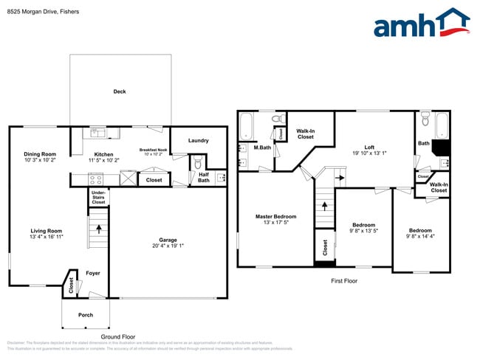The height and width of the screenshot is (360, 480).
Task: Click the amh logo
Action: (x=421, y=23)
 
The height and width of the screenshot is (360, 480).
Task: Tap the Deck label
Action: (x=120, y=91)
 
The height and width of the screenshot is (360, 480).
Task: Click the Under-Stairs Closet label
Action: (x=98, y=196)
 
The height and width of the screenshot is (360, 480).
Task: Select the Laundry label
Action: (x=198, y=140)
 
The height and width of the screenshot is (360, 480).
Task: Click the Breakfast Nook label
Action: (x=153, y=150)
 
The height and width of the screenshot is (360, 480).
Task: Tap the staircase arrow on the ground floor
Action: (x=97, y=229)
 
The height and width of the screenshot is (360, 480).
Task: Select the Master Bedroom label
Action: (x=275, y=216)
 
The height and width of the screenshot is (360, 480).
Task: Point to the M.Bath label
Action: (x=260, y=148)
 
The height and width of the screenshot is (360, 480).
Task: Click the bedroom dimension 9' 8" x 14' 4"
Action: (x=420, y=236)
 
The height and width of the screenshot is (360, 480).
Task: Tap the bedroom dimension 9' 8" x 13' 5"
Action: (x=363, y=231)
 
